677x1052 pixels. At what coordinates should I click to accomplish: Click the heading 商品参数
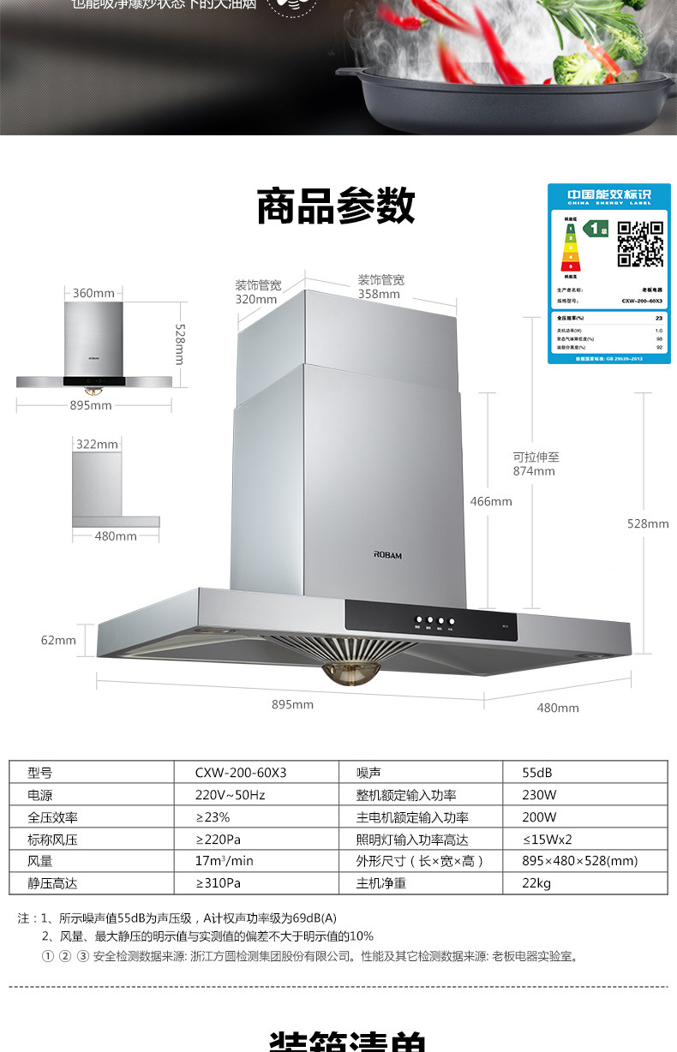(336, 206)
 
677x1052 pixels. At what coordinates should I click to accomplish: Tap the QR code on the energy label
(640, 244)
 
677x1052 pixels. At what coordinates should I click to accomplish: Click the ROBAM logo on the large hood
(387, 555)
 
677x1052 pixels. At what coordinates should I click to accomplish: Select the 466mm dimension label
(491, 501)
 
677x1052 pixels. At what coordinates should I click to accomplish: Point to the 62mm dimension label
(58, 640)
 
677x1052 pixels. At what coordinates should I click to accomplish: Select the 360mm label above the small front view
(93, 293)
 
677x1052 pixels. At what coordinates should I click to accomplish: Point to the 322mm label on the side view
(97, 444)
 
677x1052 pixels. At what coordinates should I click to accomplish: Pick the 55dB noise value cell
(537, 772)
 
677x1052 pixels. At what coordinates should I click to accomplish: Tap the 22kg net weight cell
(536, 883)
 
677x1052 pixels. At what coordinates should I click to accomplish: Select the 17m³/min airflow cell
(225, 861)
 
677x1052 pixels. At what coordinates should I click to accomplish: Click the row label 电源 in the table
(40, 794)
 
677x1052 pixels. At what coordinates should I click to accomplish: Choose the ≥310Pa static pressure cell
(219, 883)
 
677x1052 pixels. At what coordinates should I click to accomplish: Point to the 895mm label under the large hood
(292, 704)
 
